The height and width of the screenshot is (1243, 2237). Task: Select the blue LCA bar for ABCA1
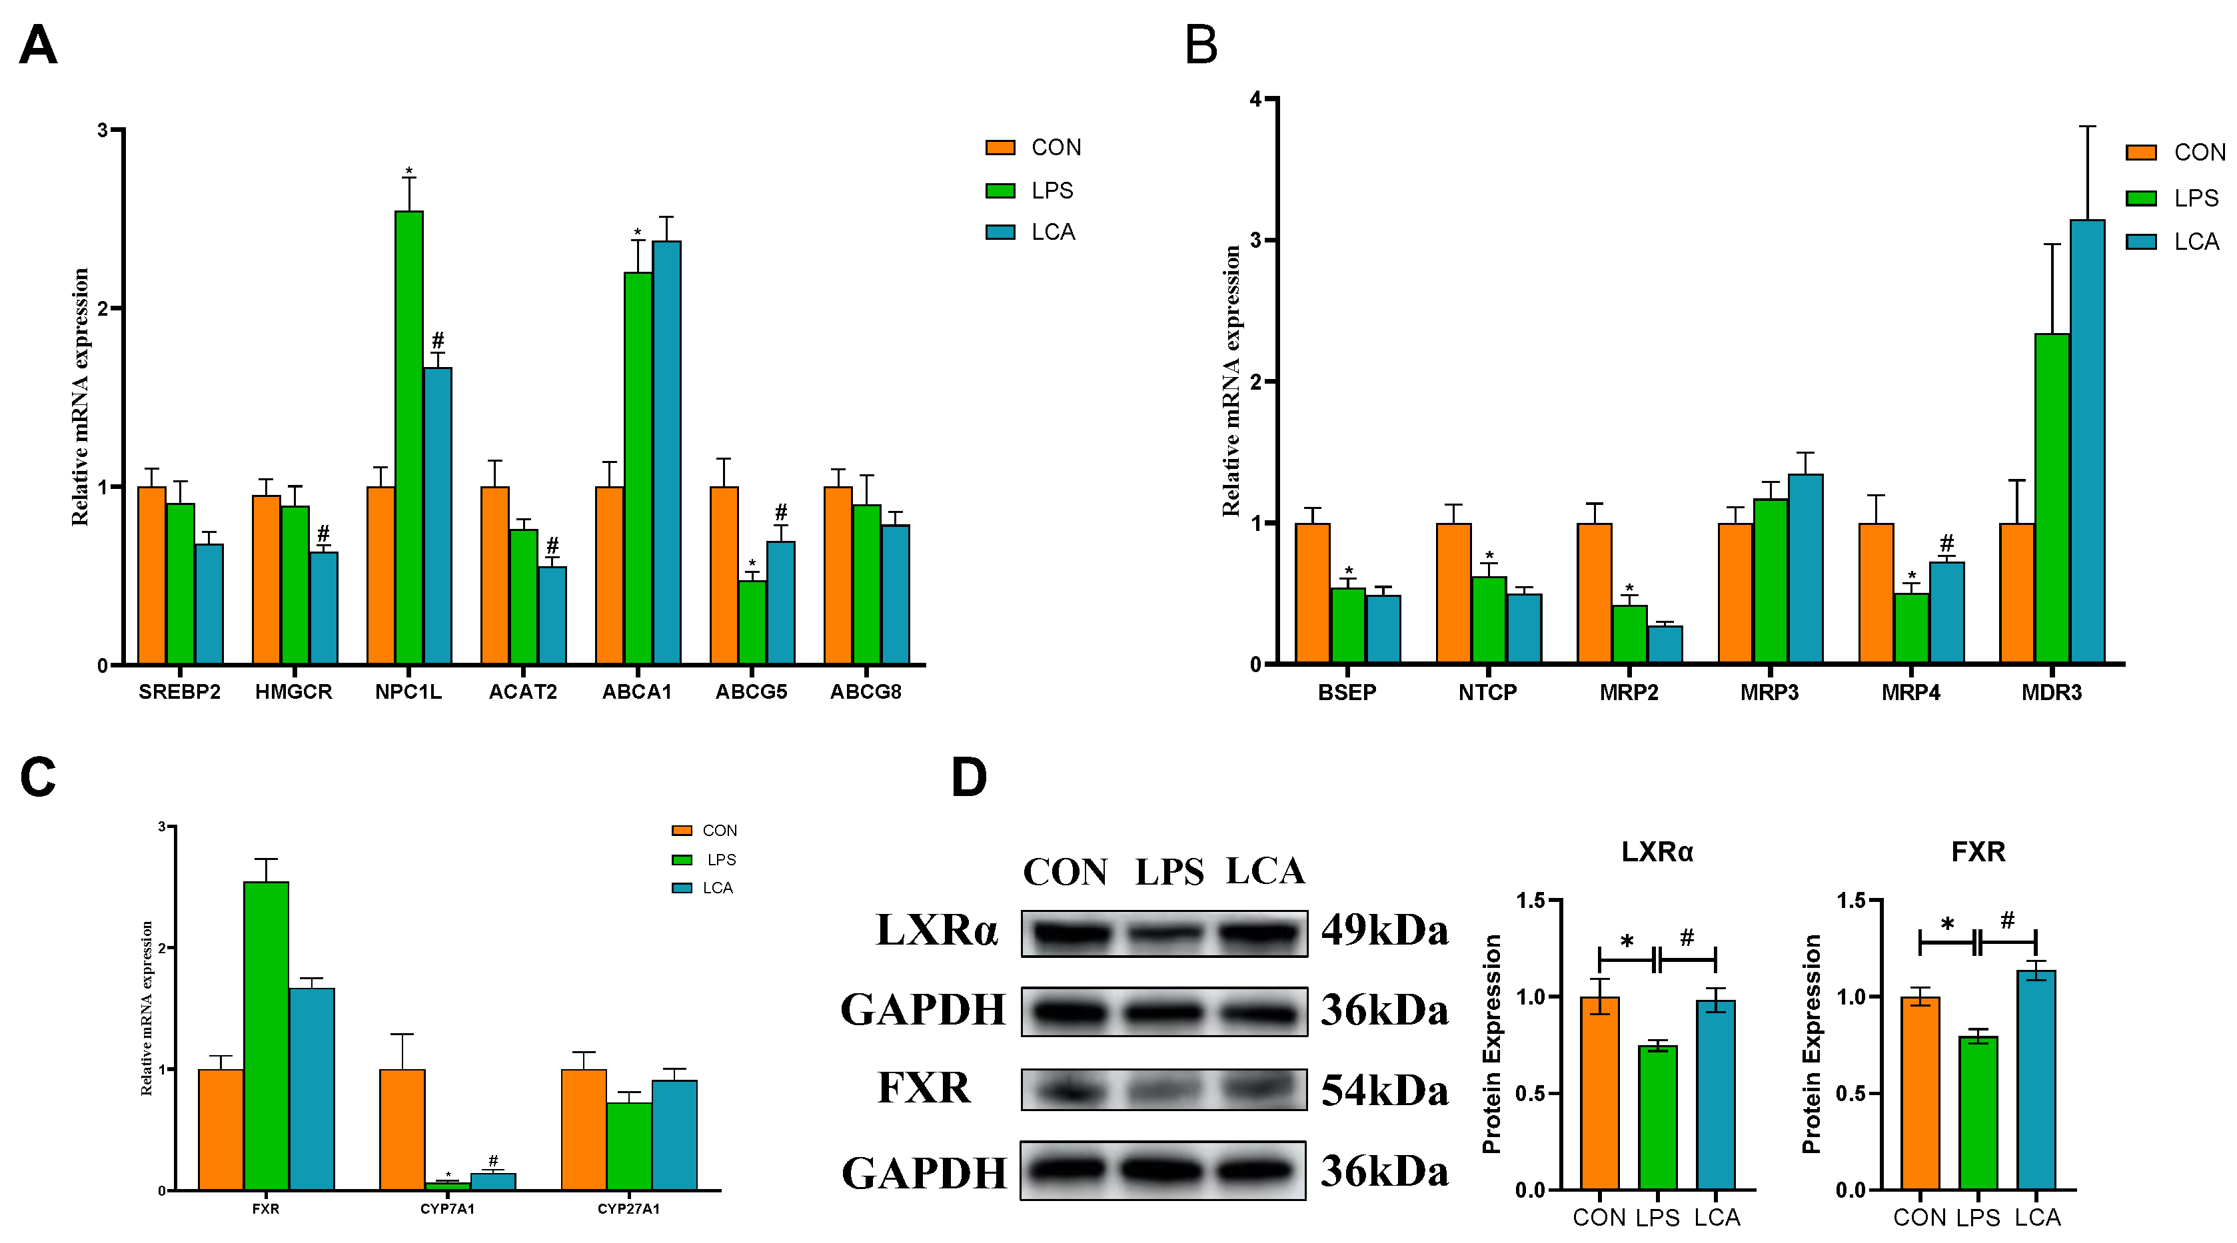tap(666, 452)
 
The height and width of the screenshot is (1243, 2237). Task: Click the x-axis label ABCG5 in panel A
tap(751, 692)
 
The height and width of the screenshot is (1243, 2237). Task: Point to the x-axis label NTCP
tap(1487, 693)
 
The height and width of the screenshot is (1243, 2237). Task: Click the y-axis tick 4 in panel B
tap(1255, 99)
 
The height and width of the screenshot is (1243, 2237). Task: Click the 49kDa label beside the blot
tap(1384, 931)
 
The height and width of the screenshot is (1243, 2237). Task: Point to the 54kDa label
tap(1384, 1090)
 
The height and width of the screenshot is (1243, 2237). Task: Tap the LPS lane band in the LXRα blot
tap(1165, 934)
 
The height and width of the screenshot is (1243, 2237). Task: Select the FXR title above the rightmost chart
tap(1978, 851)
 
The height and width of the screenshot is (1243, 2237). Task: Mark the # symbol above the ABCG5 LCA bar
tap(781, 512)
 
